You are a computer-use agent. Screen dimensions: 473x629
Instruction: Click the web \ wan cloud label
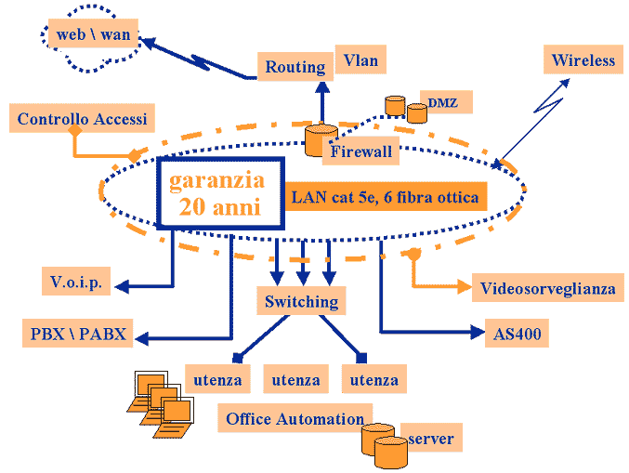[93, 35]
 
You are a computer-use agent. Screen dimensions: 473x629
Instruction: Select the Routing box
[295, 66]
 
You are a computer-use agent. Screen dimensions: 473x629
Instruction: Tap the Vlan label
[360, 60]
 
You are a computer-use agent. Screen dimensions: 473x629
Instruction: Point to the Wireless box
[583, 60]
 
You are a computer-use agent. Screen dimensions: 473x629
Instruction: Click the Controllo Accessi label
[82, 119]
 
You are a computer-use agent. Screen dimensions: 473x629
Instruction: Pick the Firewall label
[361, 151]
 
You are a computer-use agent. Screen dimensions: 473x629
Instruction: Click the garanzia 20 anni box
[222, 193]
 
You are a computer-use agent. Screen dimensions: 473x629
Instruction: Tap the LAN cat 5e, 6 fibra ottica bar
[385, 197]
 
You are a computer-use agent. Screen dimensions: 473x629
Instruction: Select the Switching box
[301, 301]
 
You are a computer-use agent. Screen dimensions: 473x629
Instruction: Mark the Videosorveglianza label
[547, 288]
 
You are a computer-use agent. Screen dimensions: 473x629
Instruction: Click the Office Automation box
[295, 419]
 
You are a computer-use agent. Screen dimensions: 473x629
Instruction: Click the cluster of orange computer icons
[162, 402]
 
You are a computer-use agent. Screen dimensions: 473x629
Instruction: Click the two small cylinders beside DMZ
[403, 108]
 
